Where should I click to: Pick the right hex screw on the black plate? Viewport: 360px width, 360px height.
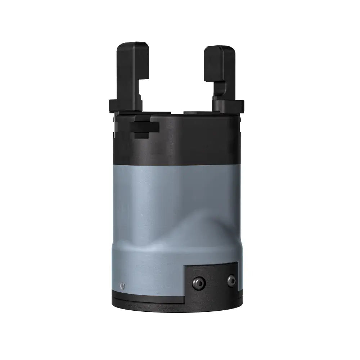click(x=231, y=279)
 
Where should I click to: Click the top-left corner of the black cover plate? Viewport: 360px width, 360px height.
click(x=185, y=266)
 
